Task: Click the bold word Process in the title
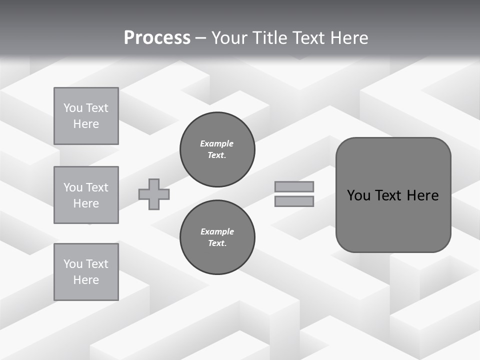[x=157, y=38]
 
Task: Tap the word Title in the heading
[x=270, y=38]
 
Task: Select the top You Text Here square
[x=86, y=116]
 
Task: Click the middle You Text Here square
[x=86, y=195]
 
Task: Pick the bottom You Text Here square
[x=86, y=271]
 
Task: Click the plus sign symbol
[x=154, y=194]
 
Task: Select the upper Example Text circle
[x=217, y=149]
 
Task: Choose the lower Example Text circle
[x=217, y=237]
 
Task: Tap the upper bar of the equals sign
[x=294, y=186]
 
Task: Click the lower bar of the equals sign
[x=294, y=201]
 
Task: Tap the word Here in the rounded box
[x=422, y=195]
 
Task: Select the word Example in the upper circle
[x=217, y=144]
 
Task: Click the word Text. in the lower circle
[x=217, y=243]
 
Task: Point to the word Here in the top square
[x=86, y=124]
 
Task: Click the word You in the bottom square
[x=73, y=264]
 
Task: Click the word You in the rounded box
[x=358, y=195]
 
